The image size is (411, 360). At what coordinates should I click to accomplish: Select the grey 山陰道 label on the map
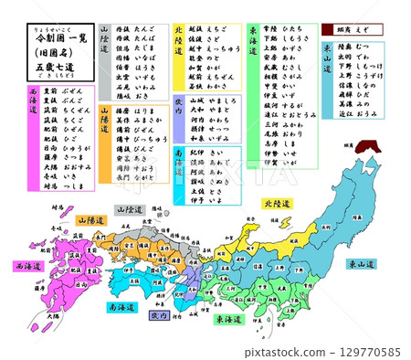pos(130,209)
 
